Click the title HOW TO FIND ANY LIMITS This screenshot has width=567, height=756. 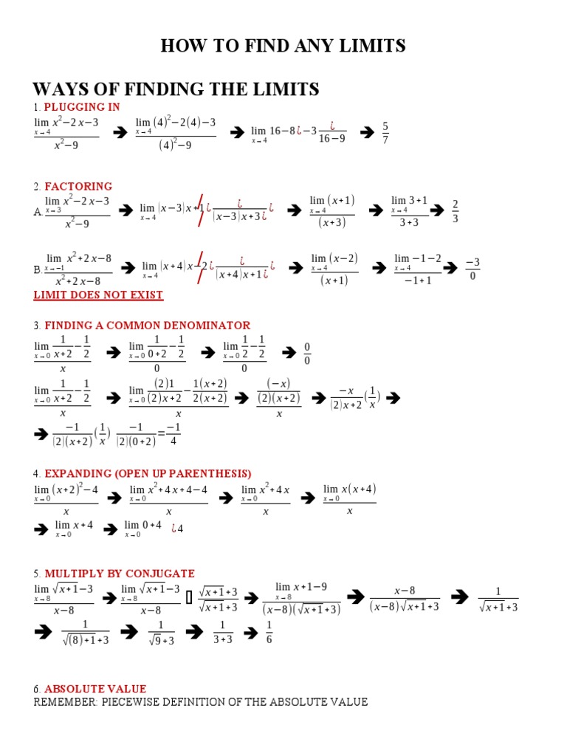283,47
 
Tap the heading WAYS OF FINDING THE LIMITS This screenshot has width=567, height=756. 176,90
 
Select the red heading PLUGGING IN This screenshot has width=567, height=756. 82,107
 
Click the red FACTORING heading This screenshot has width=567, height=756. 78,186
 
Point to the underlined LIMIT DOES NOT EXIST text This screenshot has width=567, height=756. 98,295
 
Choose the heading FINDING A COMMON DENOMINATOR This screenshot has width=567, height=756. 147,325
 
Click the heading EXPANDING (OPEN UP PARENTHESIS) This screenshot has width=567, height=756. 148,473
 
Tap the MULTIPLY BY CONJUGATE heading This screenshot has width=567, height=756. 120,573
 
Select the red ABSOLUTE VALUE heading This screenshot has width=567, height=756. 95,689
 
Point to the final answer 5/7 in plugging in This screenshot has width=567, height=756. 385,133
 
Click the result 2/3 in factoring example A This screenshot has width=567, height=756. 456,211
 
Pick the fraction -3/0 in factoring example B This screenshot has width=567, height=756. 473,269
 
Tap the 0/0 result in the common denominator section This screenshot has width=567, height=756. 307,354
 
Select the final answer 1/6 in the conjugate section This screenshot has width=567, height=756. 269,633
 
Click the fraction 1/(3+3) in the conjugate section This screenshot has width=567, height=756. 223,633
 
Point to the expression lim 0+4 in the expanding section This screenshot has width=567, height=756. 142,529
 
